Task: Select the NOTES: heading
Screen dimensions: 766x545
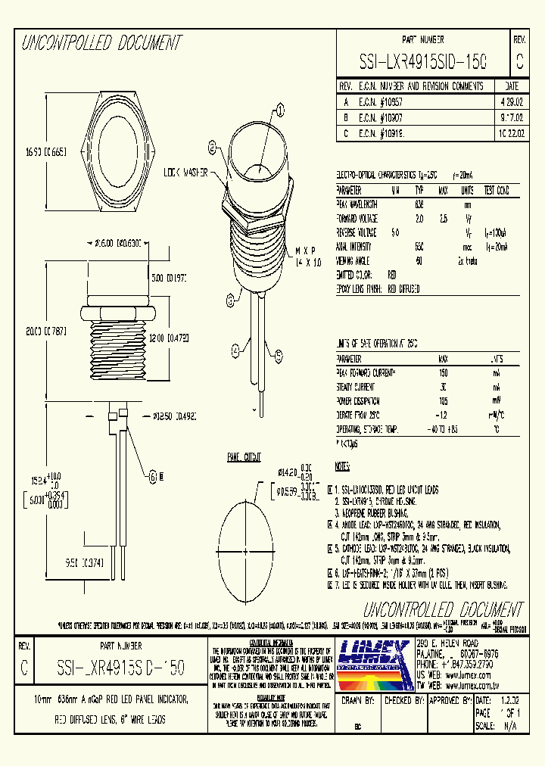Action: tap(344, 467)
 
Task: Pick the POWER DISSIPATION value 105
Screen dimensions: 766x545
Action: tap(444, 401)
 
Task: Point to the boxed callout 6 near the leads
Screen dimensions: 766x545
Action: tap(152, 476)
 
